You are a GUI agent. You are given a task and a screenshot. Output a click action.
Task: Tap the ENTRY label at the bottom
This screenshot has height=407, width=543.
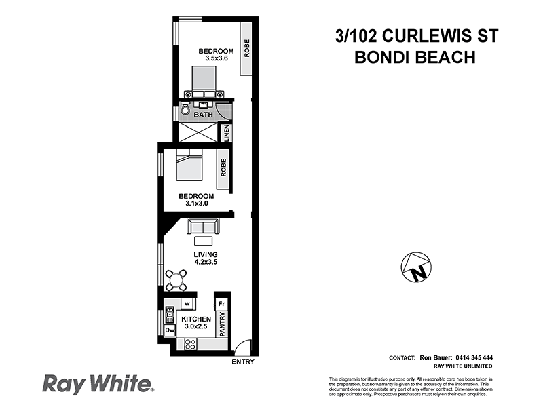pos(242,362)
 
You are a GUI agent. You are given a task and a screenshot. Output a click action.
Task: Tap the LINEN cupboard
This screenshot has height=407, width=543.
pos(227,132)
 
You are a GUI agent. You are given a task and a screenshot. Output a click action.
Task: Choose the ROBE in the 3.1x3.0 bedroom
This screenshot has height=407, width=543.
pos(222,175)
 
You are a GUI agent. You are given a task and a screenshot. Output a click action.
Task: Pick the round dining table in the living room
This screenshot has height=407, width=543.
pos(176,279)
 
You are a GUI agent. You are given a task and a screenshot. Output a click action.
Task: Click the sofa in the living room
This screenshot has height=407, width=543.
pos(203,227)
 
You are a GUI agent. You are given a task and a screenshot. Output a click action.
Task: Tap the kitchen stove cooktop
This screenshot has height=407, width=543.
pos(188,345)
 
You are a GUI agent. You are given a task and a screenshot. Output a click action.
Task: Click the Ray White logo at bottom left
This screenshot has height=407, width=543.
pos(98,383)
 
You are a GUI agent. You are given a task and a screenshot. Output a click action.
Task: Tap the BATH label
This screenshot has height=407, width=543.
pos(203,115)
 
